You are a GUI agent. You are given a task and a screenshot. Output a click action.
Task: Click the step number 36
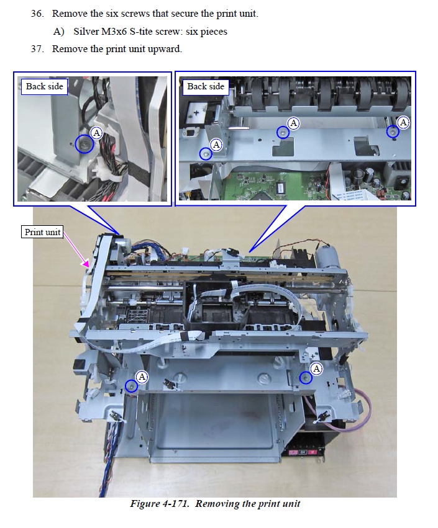37,14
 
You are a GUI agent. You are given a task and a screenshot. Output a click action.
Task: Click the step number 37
37,49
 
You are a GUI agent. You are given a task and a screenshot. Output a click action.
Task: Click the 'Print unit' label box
42,232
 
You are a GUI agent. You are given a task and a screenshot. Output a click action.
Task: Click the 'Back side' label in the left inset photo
45,86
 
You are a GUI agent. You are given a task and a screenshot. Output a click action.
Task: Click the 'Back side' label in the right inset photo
206,86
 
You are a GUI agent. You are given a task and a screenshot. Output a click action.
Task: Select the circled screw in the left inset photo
84,144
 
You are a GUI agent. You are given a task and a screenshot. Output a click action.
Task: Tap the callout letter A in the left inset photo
97,133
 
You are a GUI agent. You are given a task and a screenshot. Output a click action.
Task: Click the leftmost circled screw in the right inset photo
206,154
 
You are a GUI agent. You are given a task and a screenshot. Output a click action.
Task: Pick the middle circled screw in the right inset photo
283,133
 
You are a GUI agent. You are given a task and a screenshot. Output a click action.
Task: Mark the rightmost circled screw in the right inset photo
393,132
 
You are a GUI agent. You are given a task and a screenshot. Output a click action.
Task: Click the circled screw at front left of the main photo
131,386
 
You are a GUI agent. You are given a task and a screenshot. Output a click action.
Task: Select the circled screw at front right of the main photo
306,378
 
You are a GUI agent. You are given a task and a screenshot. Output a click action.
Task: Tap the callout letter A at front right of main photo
317,369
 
